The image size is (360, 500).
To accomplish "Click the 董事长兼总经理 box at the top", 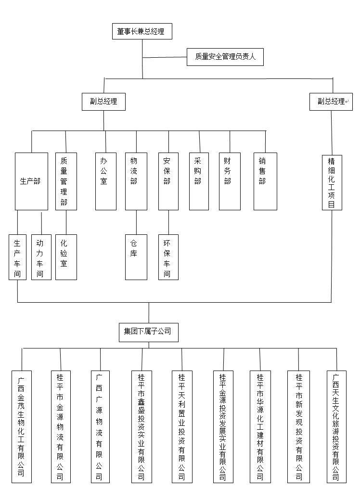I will [141, 32].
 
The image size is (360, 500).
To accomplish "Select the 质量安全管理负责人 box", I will [225, 57].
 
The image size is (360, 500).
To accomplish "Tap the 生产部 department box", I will [31, 181].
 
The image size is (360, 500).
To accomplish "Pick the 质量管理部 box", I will [66, 181].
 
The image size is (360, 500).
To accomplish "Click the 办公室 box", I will [106, 181].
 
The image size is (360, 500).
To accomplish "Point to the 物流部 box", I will [136, 181].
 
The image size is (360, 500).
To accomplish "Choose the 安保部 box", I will [168, 181].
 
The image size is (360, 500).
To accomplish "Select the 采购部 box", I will [199, 181].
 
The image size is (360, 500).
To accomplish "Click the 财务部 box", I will [230, 181].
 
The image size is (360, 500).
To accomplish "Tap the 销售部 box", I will [265, 181].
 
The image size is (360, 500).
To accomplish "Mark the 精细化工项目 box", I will [332, 182].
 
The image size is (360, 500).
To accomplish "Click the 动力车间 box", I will [41, 257].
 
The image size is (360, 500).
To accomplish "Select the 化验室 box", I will [66, 257].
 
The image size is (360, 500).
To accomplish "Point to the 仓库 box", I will [136, 257].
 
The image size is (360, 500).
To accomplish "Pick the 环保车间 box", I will [168, 257].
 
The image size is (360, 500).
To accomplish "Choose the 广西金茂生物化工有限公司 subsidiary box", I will [22, 426].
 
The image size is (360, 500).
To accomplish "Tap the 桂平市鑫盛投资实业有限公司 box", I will [142, 426].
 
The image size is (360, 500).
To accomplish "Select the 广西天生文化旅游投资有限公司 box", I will [336, 426].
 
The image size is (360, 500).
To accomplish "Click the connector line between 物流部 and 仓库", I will [136, 222].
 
